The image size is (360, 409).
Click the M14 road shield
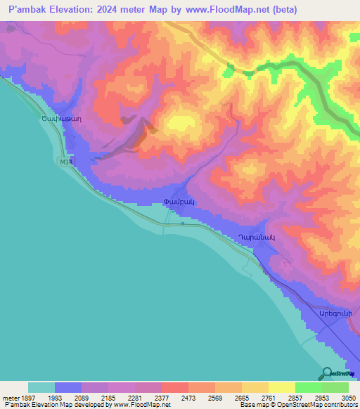point(65,162)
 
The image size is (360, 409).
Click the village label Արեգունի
point(335,313)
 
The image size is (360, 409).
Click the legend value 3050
point(348,398)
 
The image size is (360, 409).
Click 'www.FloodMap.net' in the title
point(221,10)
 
